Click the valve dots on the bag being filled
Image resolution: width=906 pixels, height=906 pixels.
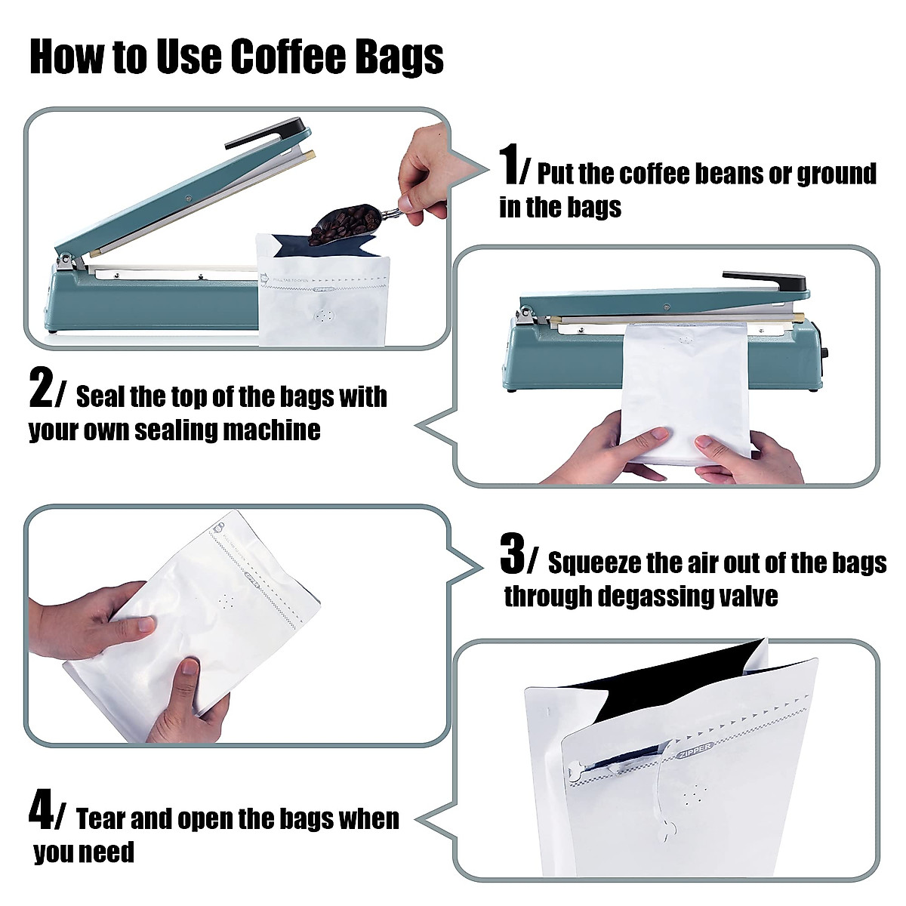(x=325, y=317)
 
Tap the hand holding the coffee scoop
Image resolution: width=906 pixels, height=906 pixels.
(x=423, y=170)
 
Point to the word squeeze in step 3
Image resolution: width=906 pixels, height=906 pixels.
(x=593, y=563)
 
